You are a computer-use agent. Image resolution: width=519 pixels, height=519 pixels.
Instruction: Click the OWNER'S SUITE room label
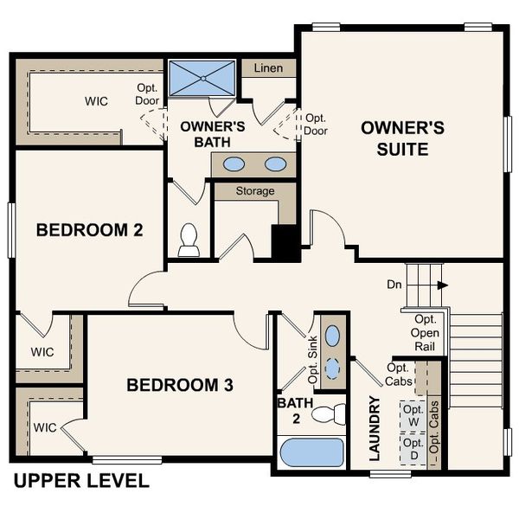coord(402,138)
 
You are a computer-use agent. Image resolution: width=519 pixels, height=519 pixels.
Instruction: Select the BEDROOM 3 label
coord(180,385)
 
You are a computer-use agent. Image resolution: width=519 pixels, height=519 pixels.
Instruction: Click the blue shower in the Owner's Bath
coord(201,78)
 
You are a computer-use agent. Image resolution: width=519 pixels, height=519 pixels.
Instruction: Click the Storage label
coord(255,190)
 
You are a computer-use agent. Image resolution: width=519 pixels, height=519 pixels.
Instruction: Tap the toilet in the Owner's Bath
coord(189,241)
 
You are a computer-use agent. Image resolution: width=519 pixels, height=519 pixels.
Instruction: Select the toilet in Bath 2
coord(326,416)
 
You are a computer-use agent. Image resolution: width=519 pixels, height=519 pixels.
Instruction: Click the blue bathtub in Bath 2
coord(311,453)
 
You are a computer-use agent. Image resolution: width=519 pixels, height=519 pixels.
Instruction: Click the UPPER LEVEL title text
coord(81,481)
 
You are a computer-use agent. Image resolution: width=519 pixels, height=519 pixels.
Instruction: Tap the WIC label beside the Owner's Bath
coord(96,101)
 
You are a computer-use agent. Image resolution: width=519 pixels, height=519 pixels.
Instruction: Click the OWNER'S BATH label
coord(213,133)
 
